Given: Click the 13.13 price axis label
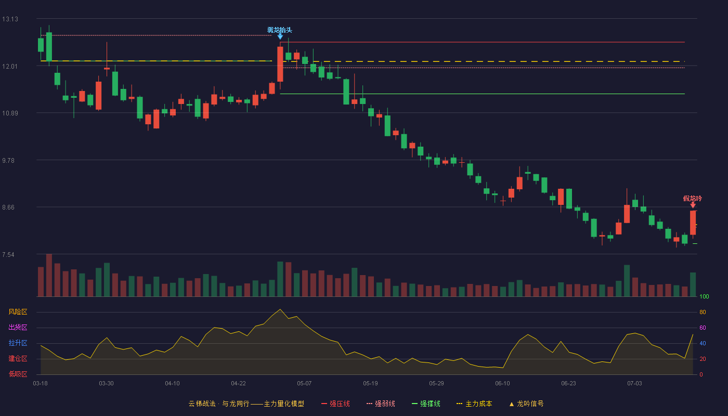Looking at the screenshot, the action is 10,19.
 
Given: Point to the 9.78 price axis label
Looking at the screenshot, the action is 8,161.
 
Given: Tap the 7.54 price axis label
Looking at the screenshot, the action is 8,255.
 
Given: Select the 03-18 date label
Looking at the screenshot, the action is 41,384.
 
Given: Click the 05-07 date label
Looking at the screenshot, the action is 304,384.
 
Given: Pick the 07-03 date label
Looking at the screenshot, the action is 634,384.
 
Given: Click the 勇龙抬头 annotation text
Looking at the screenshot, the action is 280,30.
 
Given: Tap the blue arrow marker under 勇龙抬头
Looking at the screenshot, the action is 280,37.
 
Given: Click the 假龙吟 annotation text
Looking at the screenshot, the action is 692,199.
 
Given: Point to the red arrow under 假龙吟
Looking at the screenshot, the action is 693,205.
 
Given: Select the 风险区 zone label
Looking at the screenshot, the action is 18,312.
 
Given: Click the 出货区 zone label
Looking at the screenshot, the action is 18,327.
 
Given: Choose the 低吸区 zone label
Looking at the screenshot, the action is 18,374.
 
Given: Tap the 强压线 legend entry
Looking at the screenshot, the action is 335,404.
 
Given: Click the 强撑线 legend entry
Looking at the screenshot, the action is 426,404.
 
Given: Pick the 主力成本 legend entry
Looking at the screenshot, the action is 474,404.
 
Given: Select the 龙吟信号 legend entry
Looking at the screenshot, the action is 526,404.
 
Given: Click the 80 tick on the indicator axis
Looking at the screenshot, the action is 703,313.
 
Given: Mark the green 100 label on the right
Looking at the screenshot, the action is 704,296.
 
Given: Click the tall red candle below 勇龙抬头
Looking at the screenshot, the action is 280,64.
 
